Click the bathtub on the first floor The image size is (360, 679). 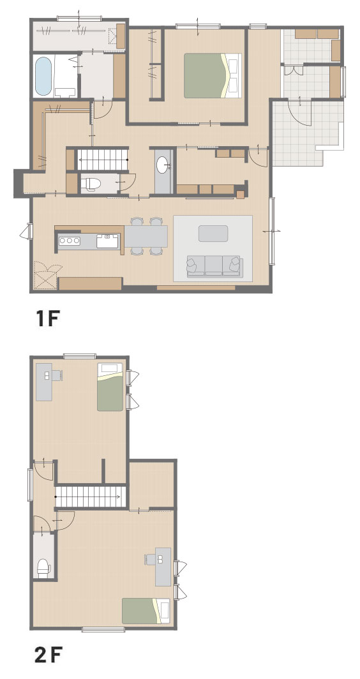point(43,76)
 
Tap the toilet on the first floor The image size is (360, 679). point(90,184)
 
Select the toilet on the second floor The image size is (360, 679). point(44,568)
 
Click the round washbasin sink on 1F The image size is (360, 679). point(163,165)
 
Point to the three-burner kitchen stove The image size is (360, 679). point(70,241)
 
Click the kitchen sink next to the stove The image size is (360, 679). point(107,241)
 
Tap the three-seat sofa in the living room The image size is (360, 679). point(214,266)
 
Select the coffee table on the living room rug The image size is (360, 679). point(213,234)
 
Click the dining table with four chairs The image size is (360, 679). point(146,236)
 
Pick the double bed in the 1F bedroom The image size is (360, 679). point(213,76)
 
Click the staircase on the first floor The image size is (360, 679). point(103,160)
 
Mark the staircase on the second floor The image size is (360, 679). point(91,496)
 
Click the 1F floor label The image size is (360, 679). point(47,318)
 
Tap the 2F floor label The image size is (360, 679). point(49,655)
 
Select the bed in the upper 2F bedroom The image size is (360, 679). point(110,387)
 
